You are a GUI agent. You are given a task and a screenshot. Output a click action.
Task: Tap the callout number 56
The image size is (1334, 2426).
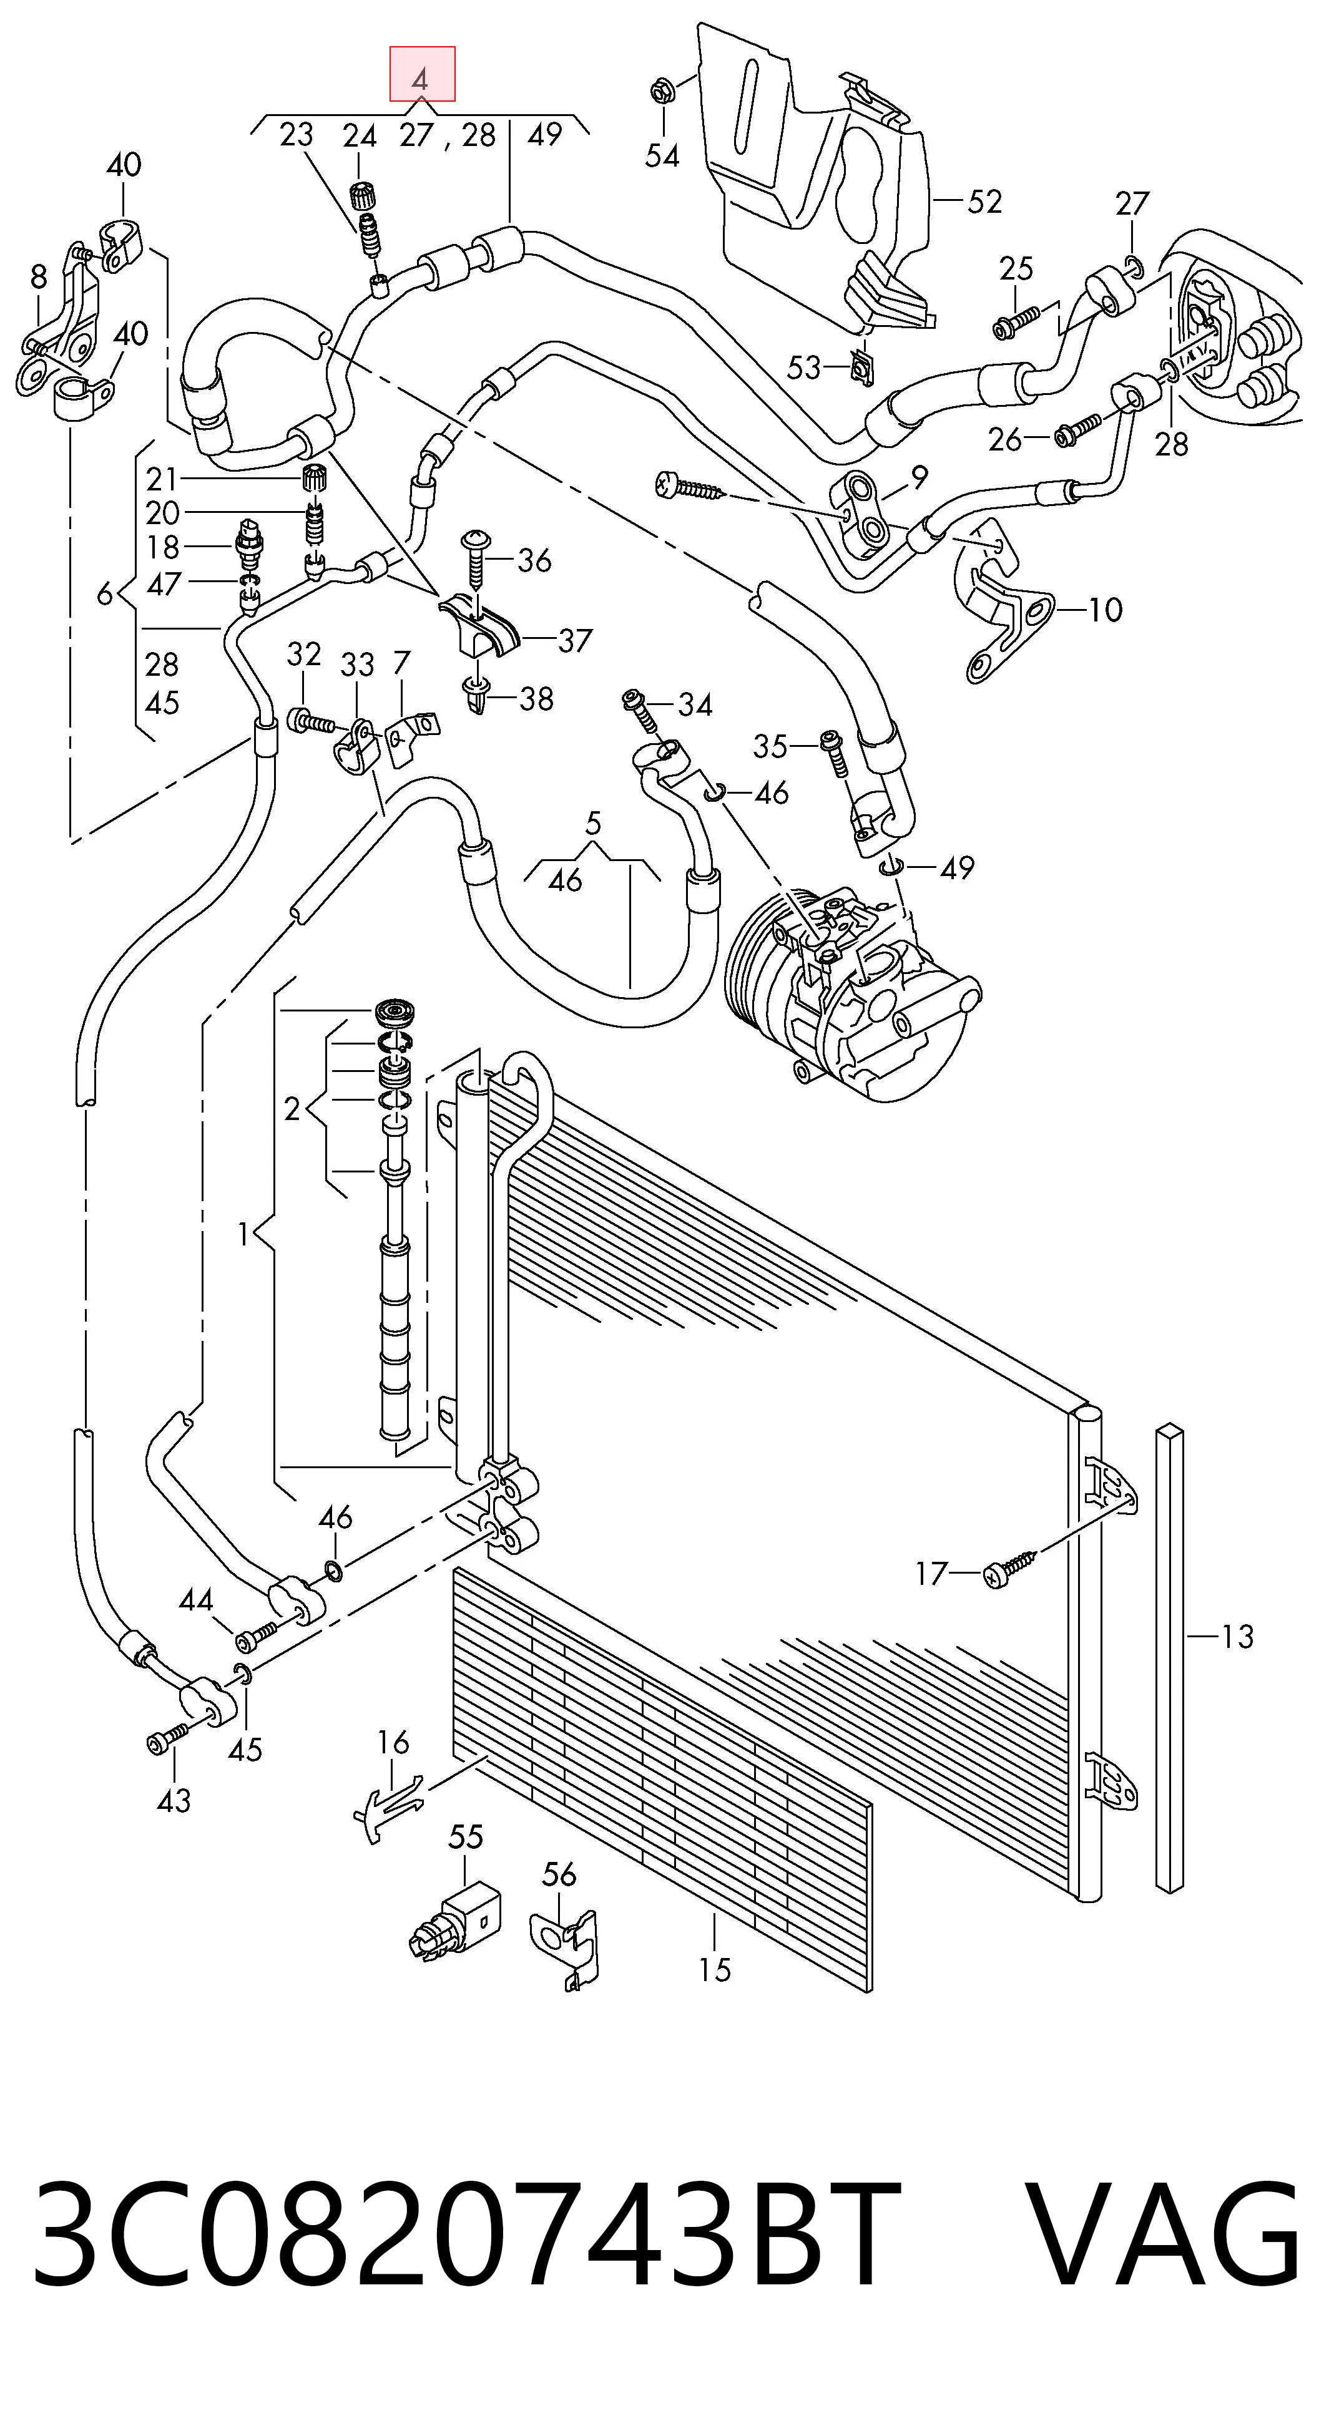coord(559,1874)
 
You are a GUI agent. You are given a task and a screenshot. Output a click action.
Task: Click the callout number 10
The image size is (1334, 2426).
coord(1105,610)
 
